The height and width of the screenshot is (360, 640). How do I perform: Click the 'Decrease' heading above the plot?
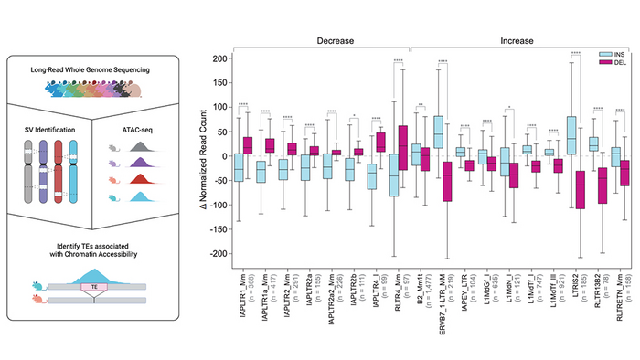click(x=336, y=41)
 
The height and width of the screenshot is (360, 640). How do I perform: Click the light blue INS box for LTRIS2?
click(x=571, y=135)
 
